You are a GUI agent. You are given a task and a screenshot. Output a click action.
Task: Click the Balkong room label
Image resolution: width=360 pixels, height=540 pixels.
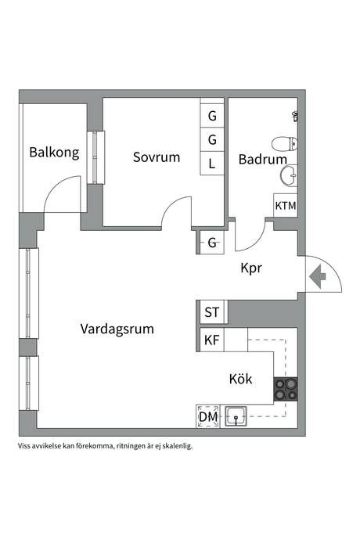[54, 153]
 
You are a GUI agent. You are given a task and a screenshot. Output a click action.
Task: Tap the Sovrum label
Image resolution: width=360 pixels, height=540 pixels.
[157, 157]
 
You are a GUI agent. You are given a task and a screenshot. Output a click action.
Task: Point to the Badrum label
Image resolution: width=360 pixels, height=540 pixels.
[262, 159]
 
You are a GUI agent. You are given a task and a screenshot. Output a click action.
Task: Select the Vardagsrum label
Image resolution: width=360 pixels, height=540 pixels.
[117, 329]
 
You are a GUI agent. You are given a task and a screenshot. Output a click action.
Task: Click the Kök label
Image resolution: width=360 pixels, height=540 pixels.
[240, 379]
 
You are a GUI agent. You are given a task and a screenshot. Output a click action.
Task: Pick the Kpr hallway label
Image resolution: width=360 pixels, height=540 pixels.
[251, 268]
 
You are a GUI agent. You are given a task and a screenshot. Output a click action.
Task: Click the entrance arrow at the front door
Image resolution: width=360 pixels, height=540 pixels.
[318, 276]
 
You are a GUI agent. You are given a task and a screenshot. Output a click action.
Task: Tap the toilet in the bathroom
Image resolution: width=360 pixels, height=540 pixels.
[285, 144]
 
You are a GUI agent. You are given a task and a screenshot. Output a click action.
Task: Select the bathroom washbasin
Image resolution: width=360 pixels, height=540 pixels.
[289, 175]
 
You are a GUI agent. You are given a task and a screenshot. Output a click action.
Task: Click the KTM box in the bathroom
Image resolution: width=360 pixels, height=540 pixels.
[286, 205]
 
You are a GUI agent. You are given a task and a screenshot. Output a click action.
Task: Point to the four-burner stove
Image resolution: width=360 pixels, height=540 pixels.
[286, 389]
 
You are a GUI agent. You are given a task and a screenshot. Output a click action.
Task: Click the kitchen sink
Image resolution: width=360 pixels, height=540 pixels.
[236, 416]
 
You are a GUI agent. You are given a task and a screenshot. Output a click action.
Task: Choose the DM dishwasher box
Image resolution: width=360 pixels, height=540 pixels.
[208, 416]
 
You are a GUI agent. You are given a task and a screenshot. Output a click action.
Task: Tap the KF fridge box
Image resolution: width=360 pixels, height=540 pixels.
[212, 340]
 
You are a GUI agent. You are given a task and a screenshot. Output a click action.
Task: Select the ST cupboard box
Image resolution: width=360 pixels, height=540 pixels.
[212, 312]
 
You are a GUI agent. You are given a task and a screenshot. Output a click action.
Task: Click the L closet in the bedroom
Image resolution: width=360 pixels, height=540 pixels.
[212, 164]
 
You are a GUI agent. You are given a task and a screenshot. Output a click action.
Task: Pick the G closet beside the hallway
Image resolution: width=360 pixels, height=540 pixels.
[212, 243]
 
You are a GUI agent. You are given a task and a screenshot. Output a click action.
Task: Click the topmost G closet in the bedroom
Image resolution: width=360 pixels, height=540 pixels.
[212, 116]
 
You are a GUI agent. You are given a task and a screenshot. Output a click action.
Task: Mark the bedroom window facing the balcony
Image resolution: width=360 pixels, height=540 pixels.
[95, 157]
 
